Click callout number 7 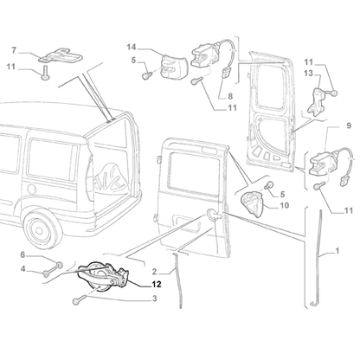tap(14, 49)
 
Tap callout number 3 tap(154, 299)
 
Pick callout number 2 tap(153, 271)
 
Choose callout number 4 tap(22, 271)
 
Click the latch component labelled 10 tap(254, 203)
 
